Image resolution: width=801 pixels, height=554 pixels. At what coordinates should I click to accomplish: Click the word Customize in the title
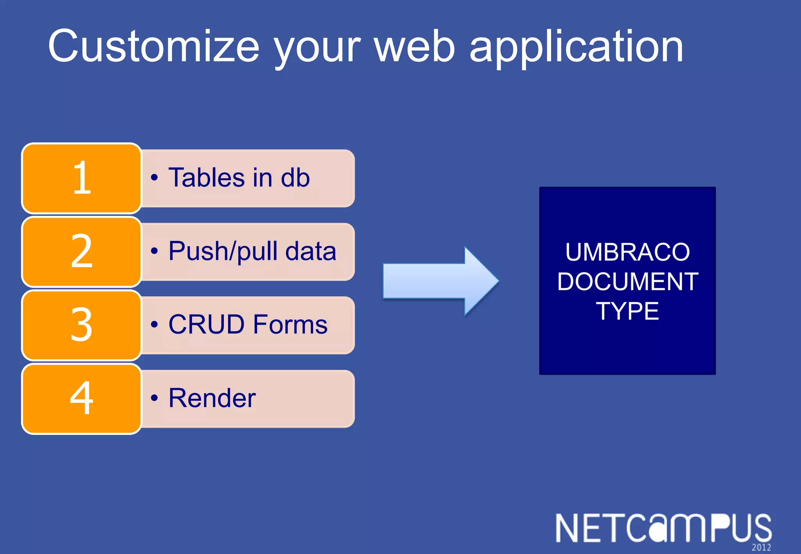pyautogui.click(x=153, y=47)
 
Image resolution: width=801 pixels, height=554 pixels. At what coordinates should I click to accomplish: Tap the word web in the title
pyautogui.click(x=415, y=47)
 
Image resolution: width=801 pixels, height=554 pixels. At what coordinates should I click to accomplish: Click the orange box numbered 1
pyautogui.click(x=81, y=178)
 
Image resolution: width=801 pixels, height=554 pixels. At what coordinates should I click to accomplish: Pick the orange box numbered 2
pyautogui.click(x=81, y=252)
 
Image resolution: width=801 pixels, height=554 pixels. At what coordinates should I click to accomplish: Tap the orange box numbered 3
pyautogui.click(x=81, y=325)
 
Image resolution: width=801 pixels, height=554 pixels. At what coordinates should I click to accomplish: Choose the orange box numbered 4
pyautogui.click(x=81, y=399)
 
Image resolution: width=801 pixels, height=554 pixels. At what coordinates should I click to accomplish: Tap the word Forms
pyautogui.click(x=290, y=325)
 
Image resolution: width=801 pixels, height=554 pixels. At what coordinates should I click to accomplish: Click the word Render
pyautogui.click(x=212, y=398)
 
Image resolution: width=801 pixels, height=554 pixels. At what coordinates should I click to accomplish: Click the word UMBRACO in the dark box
pyautogui.click(x=627, y=252)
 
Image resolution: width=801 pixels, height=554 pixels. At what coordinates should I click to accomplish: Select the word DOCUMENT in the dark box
pyautogui.click(x=627, y=281)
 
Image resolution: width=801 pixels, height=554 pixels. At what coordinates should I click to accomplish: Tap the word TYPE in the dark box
pyautogui.click(x=627, y=311)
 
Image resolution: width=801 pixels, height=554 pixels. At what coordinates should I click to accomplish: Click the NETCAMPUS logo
pyautogui.click(x=663, y=528)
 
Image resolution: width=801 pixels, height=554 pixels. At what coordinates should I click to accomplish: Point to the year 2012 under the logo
pyautogui.click(x=761, y=547)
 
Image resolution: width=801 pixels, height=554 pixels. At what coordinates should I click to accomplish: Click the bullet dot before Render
pyautogui.click(x=154, y=398)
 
